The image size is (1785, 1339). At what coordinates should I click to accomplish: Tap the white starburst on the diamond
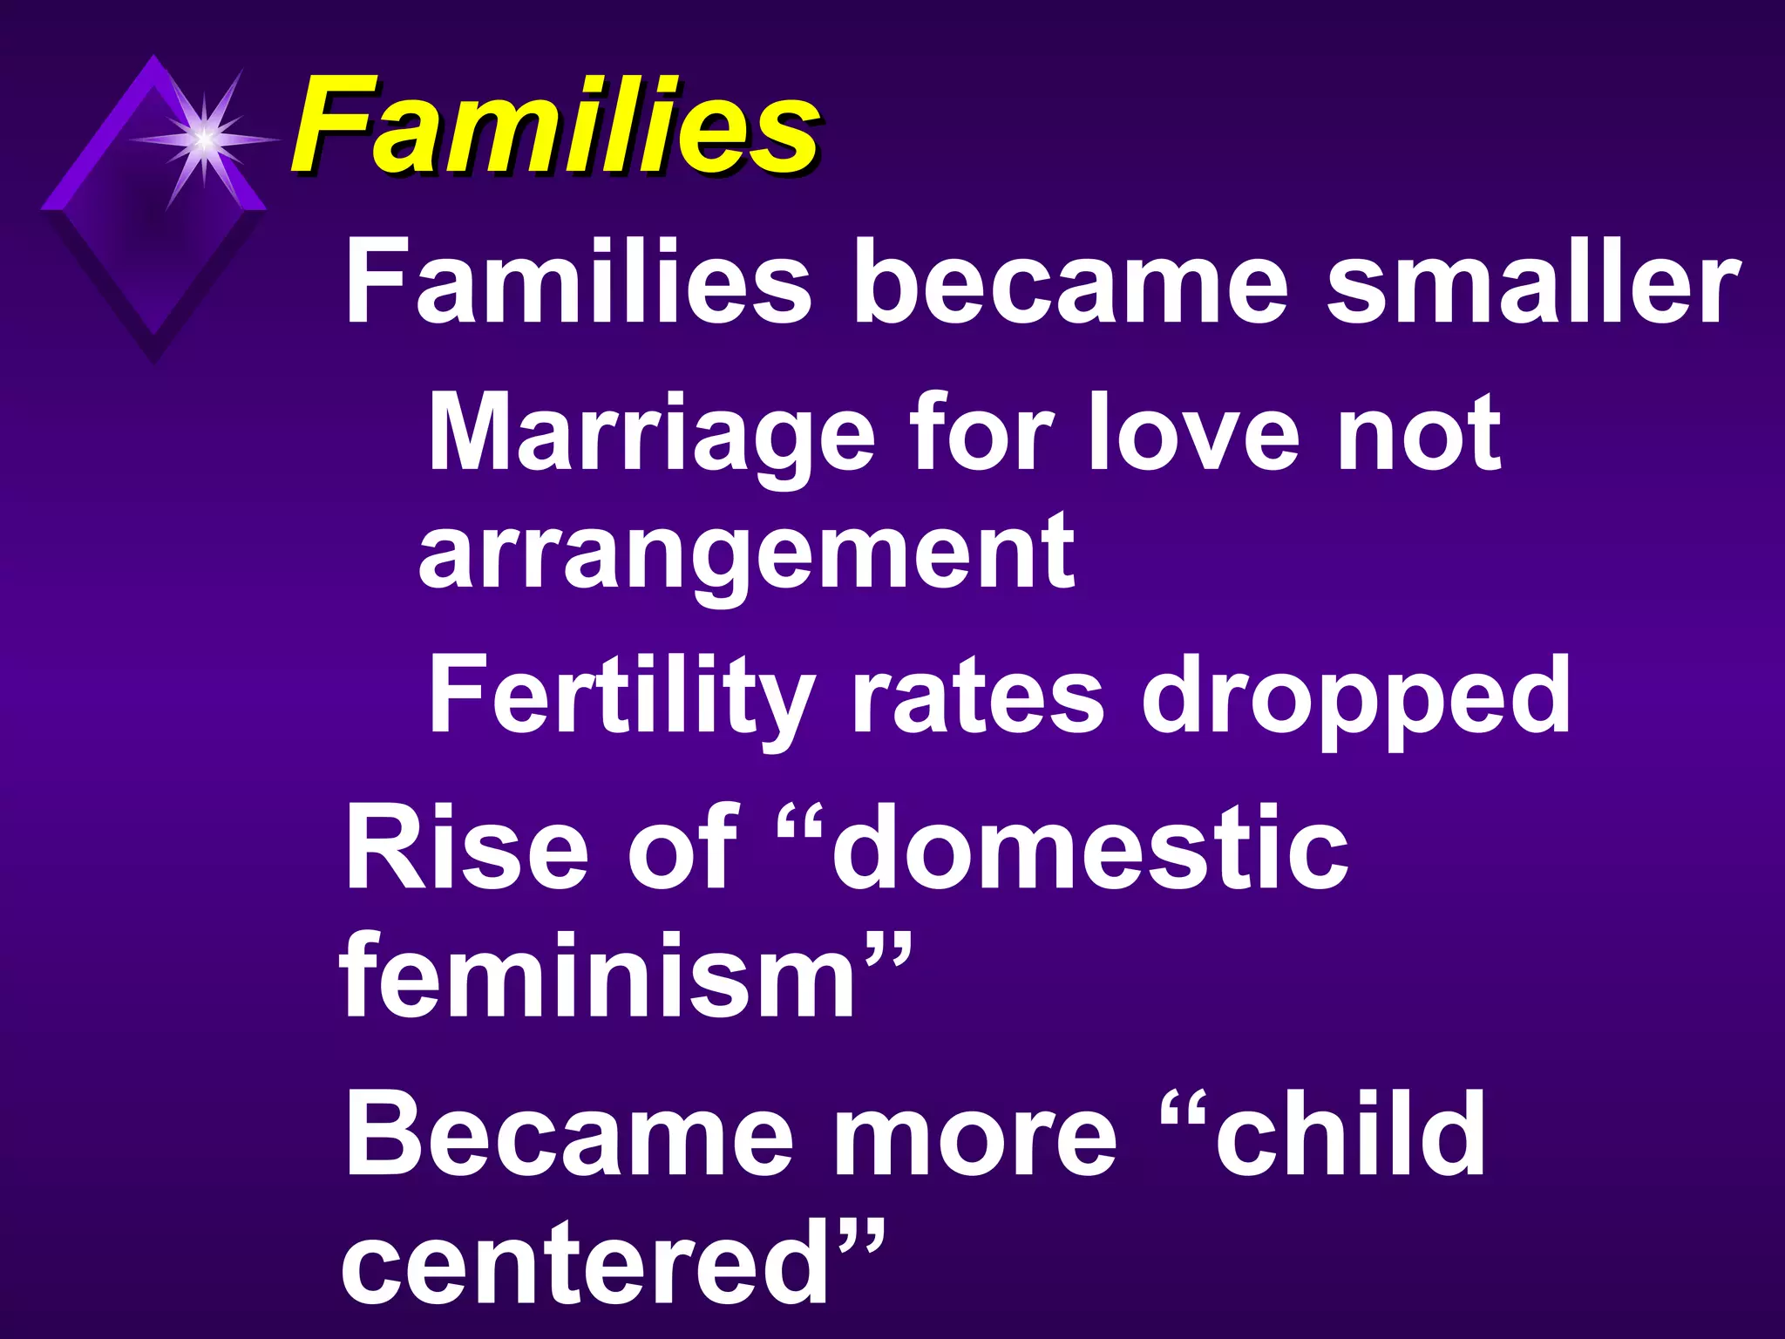click(x=203, y=138)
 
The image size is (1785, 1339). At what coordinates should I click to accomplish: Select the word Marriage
click(x=650, y=433)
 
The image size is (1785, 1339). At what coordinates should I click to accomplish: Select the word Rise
click(x=465, y=847)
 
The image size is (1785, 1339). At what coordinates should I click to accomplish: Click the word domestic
click(x=1089, y=847)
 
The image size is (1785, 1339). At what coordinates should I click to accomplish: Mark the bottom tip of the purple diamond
click(x=154, y=359)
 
